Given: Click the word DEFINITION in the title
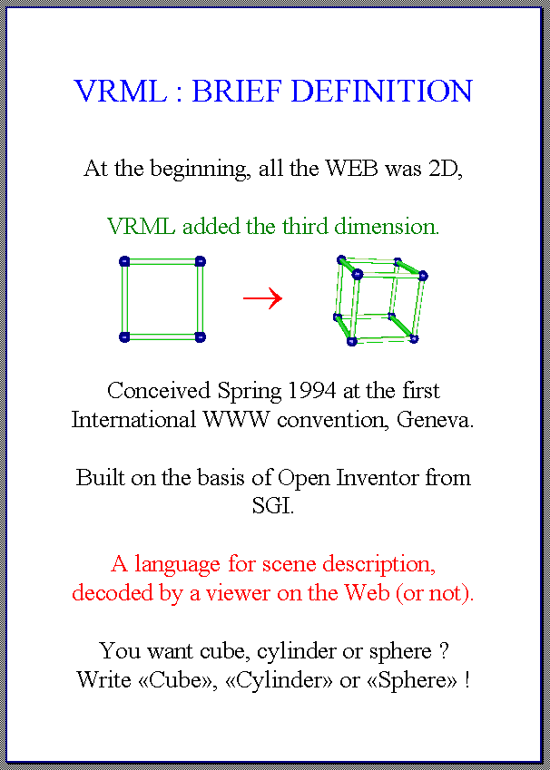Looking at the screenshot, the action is (x=381, y=92).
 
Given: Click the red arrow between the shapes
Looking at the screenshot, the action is (x=262, y=298).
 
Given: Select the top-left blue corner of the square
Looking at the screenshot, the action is (x=124, y=261).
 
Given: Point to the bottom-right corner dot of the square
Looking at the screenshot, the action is (x=200, y=336).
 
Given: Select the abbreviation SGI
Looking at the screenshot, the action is (x=273, y=506).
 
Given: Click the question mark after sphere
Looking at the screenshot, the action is (x=442, y=651).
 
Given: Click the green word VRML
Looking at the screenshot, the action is (x=141, y=227).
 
